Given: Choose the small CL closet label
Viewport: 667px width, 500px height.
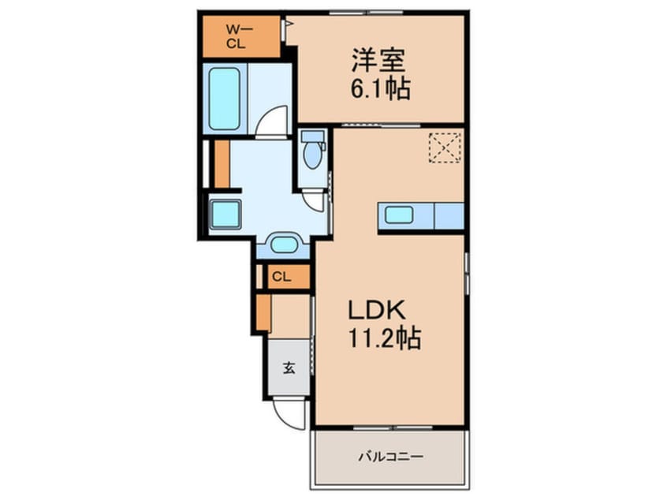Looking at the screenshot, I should (281, 276).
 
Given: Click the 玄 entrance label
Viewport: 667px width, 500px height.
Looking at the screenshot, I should (289, 368).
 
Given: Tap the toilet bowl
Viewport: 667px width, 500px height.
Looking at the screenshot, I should (313, 153).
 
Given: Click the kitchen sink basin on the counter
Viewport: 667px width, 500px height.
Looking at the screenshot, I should (400, 215).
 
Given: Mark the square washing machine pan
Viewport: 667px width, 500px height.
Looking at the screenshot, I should (225, 214).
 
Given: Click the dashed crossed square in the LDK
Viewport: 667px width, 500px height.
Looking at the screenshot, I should (445, 147).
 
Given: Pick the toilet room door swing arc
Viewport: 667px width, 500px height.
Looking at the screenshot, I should (314, 200).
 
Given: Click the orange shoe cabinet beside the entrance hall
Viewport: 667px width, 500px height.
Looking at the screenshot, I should (263, 311).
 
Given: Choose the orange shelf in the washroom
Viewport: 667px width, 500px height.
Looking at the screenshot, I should (222, 163).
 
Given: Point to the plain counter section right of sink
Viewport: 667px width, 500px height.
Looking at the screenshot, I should (449, 215).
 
